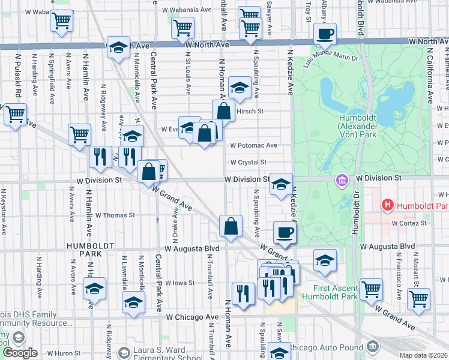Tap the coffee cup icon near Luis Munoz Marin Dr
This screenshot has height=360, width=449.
point(325,34)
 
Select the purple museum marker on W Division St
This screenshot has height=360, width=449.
point(342,179)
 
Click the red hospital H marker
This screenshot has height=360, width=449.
point(388,205)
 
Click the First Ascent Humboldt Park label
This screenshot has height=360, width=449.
point(330,292)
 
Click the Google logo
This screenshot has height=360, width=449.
point(20,353)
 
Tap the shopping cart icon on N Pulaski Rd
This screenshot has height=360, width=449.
point(15,113)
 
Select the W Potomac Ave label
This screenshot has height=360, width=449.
point(253,145)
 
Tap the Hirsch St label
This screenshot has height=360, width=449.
point(252,111)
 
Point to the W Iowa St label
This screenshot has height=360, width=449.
point(180,283)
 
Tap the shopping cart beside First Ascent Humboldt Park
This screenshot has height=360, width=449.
point(372,289)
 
